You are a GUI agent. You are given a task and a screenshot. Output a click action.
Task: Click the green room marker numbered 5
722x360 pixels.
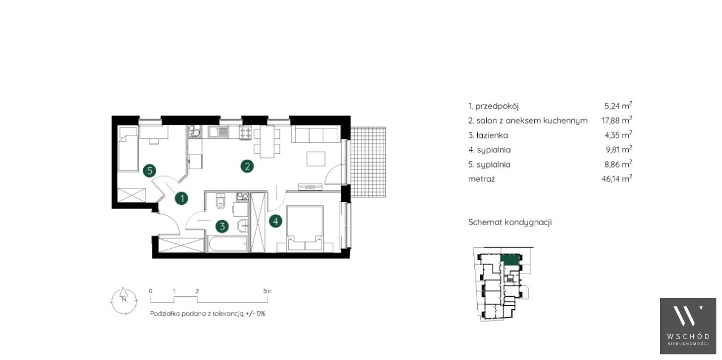pos(149,170)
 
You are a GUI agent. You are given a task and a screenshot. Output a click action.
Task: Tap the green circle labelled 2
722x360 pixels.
pos(247,166)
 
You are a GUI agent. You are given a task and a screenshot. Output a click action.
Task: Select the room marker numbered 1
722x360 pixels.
pos(182,199)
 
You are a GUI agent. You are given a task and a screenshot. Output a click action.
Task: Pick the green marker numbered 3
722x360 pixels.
pos(222,226)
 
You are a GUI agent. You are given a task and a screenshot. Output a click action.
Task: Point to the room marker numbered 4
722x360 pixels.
pos(276,221)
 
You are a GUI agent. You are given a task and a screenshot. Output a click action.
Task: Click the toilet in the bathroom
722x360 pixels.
pos(221,201)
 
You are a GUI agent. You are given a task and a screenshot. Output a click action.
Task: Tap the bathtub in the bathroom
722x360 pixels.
pos(227,244)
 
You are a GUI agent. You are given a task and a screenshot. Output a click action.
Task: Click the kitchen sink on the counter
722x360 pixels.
pos(218,132)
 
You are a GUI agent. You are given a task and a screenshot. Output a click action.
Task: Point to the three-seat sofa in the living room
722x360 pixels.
pos(315,134)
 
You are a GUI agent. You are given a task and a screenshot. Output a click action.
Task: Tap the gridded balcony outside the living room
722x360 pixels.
pos(368,162)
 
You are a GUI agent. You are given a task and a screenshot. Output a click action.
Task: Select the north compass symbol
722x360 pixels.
pos(124,300)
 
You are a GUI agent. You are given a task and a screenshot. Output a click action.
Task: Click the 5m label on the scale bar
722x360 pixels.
pos(267,291)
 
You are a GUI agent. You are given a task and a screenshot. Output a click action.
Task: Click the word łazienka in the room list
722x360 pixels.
pos(492,135)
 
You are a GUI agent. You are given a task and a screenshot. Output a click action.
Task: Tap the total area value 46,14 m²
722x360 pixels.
pos(617,179)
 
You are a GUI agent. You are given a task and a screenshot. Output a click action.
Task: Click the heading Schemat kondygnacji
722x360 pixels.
pos(510,222)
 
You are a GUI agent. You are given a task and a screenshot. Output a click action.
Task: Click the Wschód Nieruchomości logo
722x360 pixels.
pos(688,326)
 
